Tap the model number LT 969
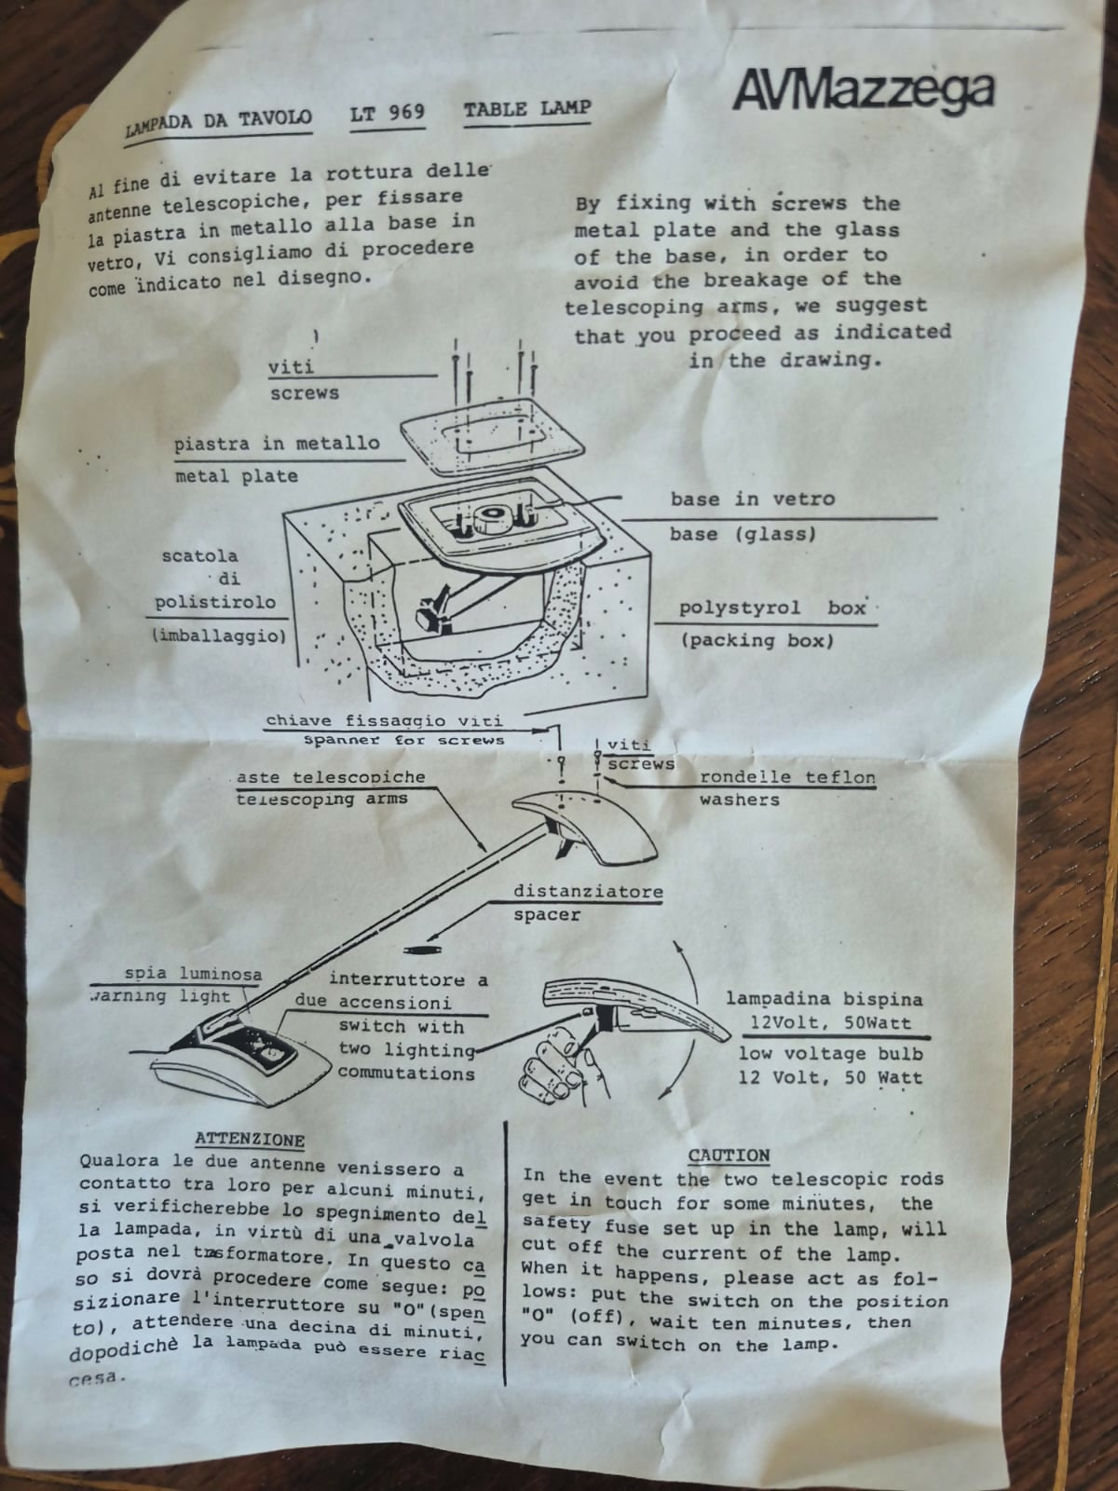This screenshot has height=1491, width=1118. click(x=388, y=112)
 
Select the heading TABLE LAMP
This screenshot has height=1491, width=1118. click(x=527, y=108)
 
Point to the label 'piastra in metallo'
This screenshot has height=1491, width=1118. click(x=277, y=444)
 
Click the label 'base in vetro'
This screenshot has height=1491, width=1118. click(x=753, y=499)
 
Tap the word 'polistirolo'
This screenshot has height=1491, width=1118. click(x=215, y=603)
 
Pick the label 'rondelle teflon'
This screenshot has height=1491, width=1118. click(x=787, y=776)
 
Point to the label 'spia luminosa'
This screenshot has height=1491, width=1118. click(x=193, y=974)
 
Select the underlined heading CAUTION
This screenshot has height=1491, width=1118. click(x=729, y=1155)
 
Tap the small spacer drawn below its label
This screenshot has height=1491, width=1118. click(x=422, y=949)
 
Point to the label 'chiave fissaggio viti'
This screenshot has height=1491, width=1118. click(x=384, y=720)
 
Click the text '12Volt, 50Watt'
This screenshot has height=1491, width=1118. click(x=830, y=1022)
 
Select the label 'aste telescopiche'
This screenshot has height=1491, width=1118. click(x=331, y=776)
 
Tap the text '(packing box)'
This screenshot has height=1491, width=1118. click(x=757, y=640)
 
